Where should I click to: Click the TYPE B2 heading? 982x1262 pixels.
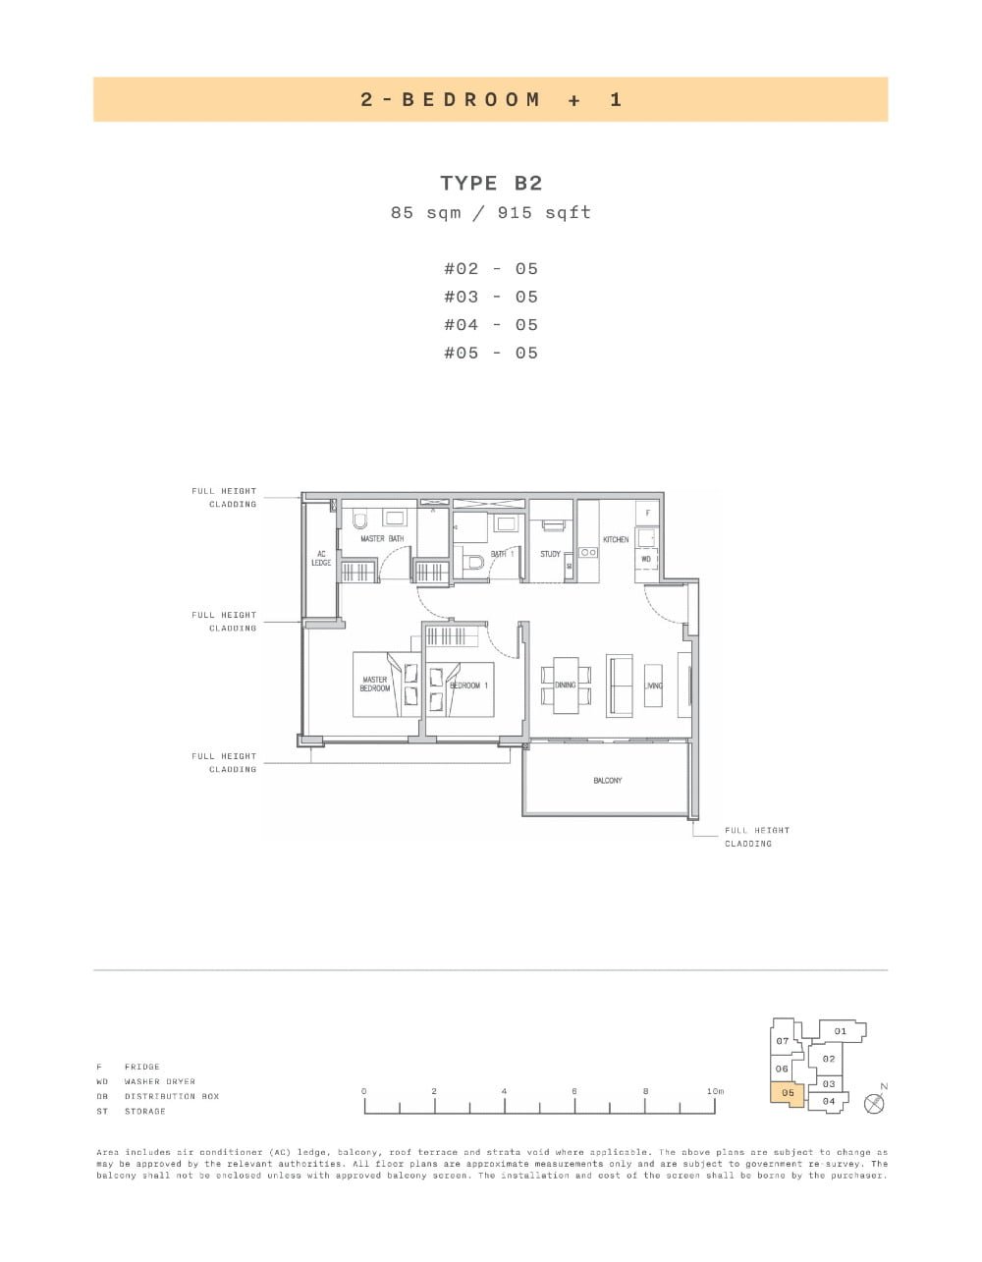[491, 183]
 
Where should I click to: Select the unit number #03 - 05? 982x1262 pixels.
[491, 297]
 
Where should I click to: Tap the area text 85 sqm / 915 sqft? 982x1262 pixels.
[491, 212]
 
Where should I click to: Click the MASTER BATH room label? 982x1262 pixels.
[382, 539]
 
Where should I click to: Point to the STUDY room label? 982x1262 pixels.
[550, 554]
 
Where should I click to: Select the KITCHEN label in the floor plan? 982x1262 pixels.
[616, 540]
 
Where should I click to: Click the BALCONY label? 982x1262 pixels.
[607, 781]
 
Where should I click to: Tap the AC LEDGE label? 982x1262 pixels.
[321, 558]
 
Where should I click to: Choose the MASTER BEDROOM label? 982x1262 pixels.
[375, 684]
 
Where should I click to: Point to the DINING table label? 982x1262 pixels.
[566, 685]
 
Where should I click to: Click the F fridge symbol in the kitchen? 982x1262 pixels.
[647, 513]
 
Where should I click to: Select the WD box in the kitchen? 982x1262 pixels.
[646, 559]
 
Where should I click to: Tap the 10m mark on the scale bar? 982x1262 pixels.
[715, 1091]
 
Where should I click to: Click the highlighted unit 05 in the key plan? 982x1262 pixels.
[788, 1093]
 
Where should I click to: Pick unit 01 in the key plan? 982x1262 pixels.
[841, 1031]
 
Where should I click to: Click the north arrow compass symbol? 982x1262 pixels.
[874, 1103]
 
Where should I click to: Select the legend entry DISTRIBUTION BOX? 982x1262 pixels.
[171, 1096]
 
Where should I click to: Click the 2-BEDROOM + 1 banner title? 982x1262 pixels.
[491, 99]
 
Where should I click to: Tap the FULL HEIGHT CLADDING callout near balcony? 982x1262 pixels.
[757, 837]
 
